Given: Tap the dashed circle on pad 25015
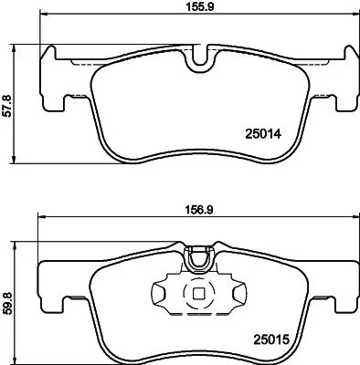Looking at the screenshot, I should pos(196,295).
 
